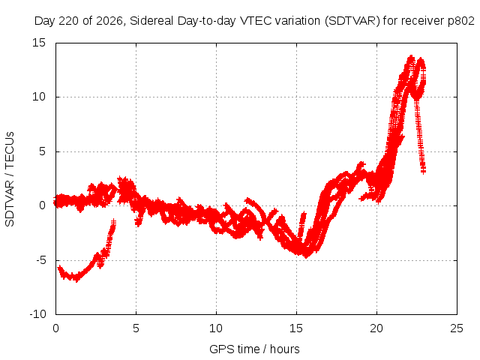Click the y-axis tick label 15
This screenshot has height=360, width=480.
pyautogui.click(x=39, y=43)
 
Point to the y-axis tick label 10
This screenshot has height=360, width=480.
pyautogui.click(x=39, y=97)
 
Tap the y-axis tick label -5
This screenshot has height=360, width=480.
pyautogui.click(x=40, y=260)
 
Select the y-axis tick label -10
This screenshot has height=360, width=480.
pyautogui.click(x=37, y=314)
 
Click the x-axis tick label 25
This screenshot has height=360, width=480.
pyautogui.click(x=457, y=328)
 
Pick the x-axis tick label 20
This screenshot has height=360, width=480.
pyautogui.click(x=376, y=328)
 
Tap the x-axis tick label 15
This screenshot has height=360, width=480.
pyautogui.click(x=296, y=328)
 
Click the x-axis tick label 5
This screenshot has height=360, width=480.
pyautogui.click(x=136, y=328)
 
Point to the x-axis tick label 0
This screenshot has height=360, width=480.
pyautogui.click(x=55, y=328)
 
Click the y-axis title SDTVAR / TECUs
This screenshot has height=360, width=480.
pyautogui.click(x=10, y=179)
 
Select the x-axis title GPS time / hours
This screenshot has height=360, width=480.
pyautogui.click(x=254, y=349)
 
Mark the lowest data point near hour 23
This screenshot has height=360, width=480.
pyautogui.click(x=423, y=172)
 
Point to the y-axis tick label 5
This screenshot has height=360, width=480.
pyautogui.click(x=42, y=151)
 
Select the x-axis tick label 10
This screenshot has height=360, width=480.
pyautogui.click(x=216, y=328)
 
